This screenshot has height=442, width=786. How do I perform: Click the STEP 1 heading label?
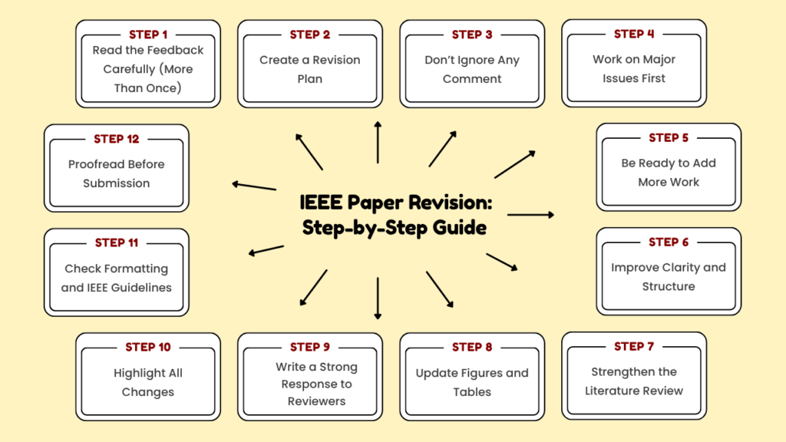[x=148, y=35]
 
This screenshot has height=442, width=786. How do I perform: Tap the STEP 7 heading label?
[x=634, y=347]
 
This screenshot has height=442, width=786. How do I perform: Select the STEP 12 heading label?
[x=117, y=139]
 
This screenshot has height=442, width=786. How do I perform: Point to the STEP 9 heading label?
[x=310, y=348]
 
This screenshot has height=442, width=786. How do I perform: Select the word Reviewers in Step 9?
[x=316, y=401]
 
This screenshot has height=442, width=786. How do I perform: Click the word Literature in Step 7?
[x=613, y=391]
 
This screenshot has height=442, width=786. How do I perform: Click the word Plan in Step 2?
[x=310, y=78]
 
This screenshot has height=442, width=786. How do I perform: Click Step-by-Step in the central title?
[x=358, y=228]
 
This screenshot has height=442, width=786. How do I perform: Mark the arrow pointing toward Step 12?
[x=254, y=185]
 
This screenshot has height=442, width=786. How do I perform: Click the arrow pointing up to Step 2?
[x=378, y=141]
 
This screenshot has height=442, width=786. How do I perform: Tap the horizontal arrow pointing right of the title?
[x=530, y=215]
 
